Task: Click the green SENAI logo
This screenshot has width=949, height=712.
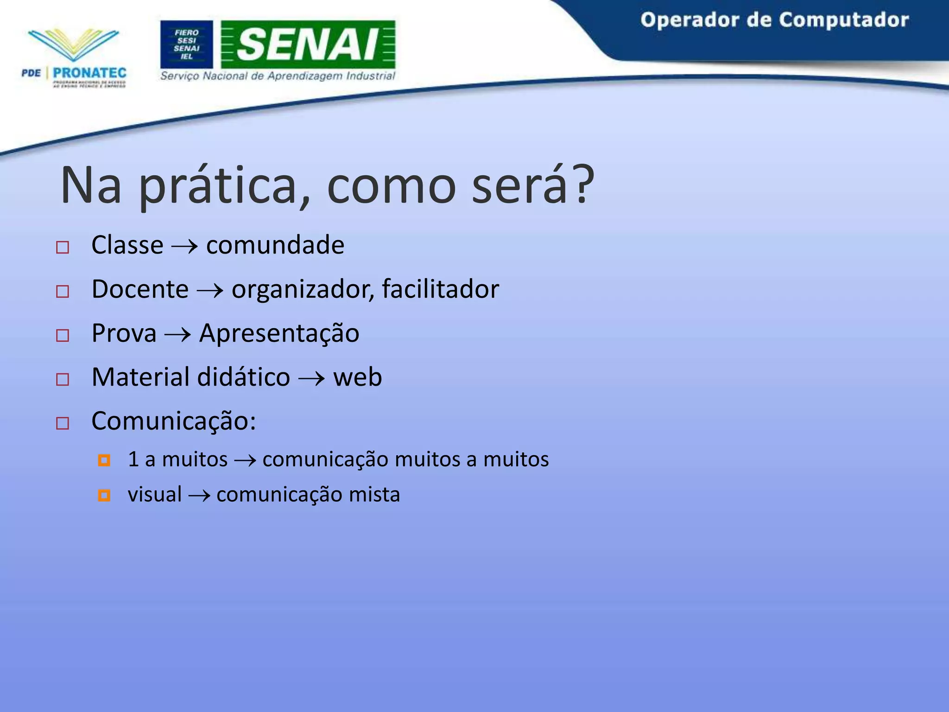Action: (308, 44)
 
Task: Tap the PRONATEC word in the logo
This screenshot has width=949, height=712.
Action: (89, 73)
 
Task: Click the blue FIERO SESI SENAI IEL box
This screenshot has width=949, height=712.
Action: (186, 44)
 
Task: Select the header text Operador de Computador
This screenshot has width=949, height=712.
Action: (774, 20)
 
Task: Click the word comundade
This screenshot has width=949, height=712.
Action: (275, 245)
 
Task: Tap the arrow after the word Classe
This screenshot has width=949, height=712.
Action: (184, 246)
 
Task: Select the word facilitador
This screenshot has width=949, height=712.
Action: (440, 289)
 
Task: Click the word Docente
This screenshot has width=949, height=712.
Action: (140, 289)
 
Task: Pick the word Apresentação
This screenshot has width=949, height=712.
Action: (279, 334)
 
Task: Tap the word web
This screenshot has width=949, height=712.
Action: (357, 377)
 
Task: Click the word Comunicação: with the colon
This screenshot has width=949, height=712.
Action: (174, 421)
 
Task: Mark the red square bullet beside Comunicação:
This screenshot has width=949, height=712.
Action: (63, 423)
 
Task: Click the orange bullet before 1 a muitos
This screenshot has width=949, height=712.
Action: (104, 460)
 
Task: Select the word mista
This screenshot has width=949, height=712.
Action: (374, 494)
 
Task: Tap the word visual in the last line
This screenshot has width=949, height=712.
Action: (155, 494)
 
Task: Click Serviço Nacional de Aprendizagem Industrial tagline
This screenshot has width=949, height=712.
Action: (278, 76)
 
